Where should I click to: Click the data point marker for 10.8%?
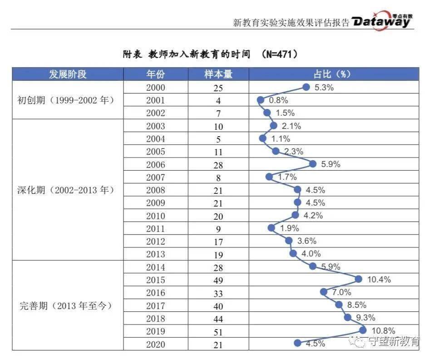[x=363, y=330]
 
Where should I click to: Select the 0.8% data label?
[x=278, y=100]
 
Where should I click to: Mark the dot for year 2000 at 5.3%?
[x=306, y=88]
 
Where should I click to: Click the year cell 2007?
[x=156, y=178]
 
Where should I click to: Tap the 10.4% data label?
[x=379, y=280]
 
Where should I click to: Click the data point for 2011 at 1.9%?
[x=271, y=228]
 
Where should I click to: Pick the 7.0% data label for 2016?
[x=341, y=292]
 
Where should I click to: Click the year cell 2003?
[x=156, y=126]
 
